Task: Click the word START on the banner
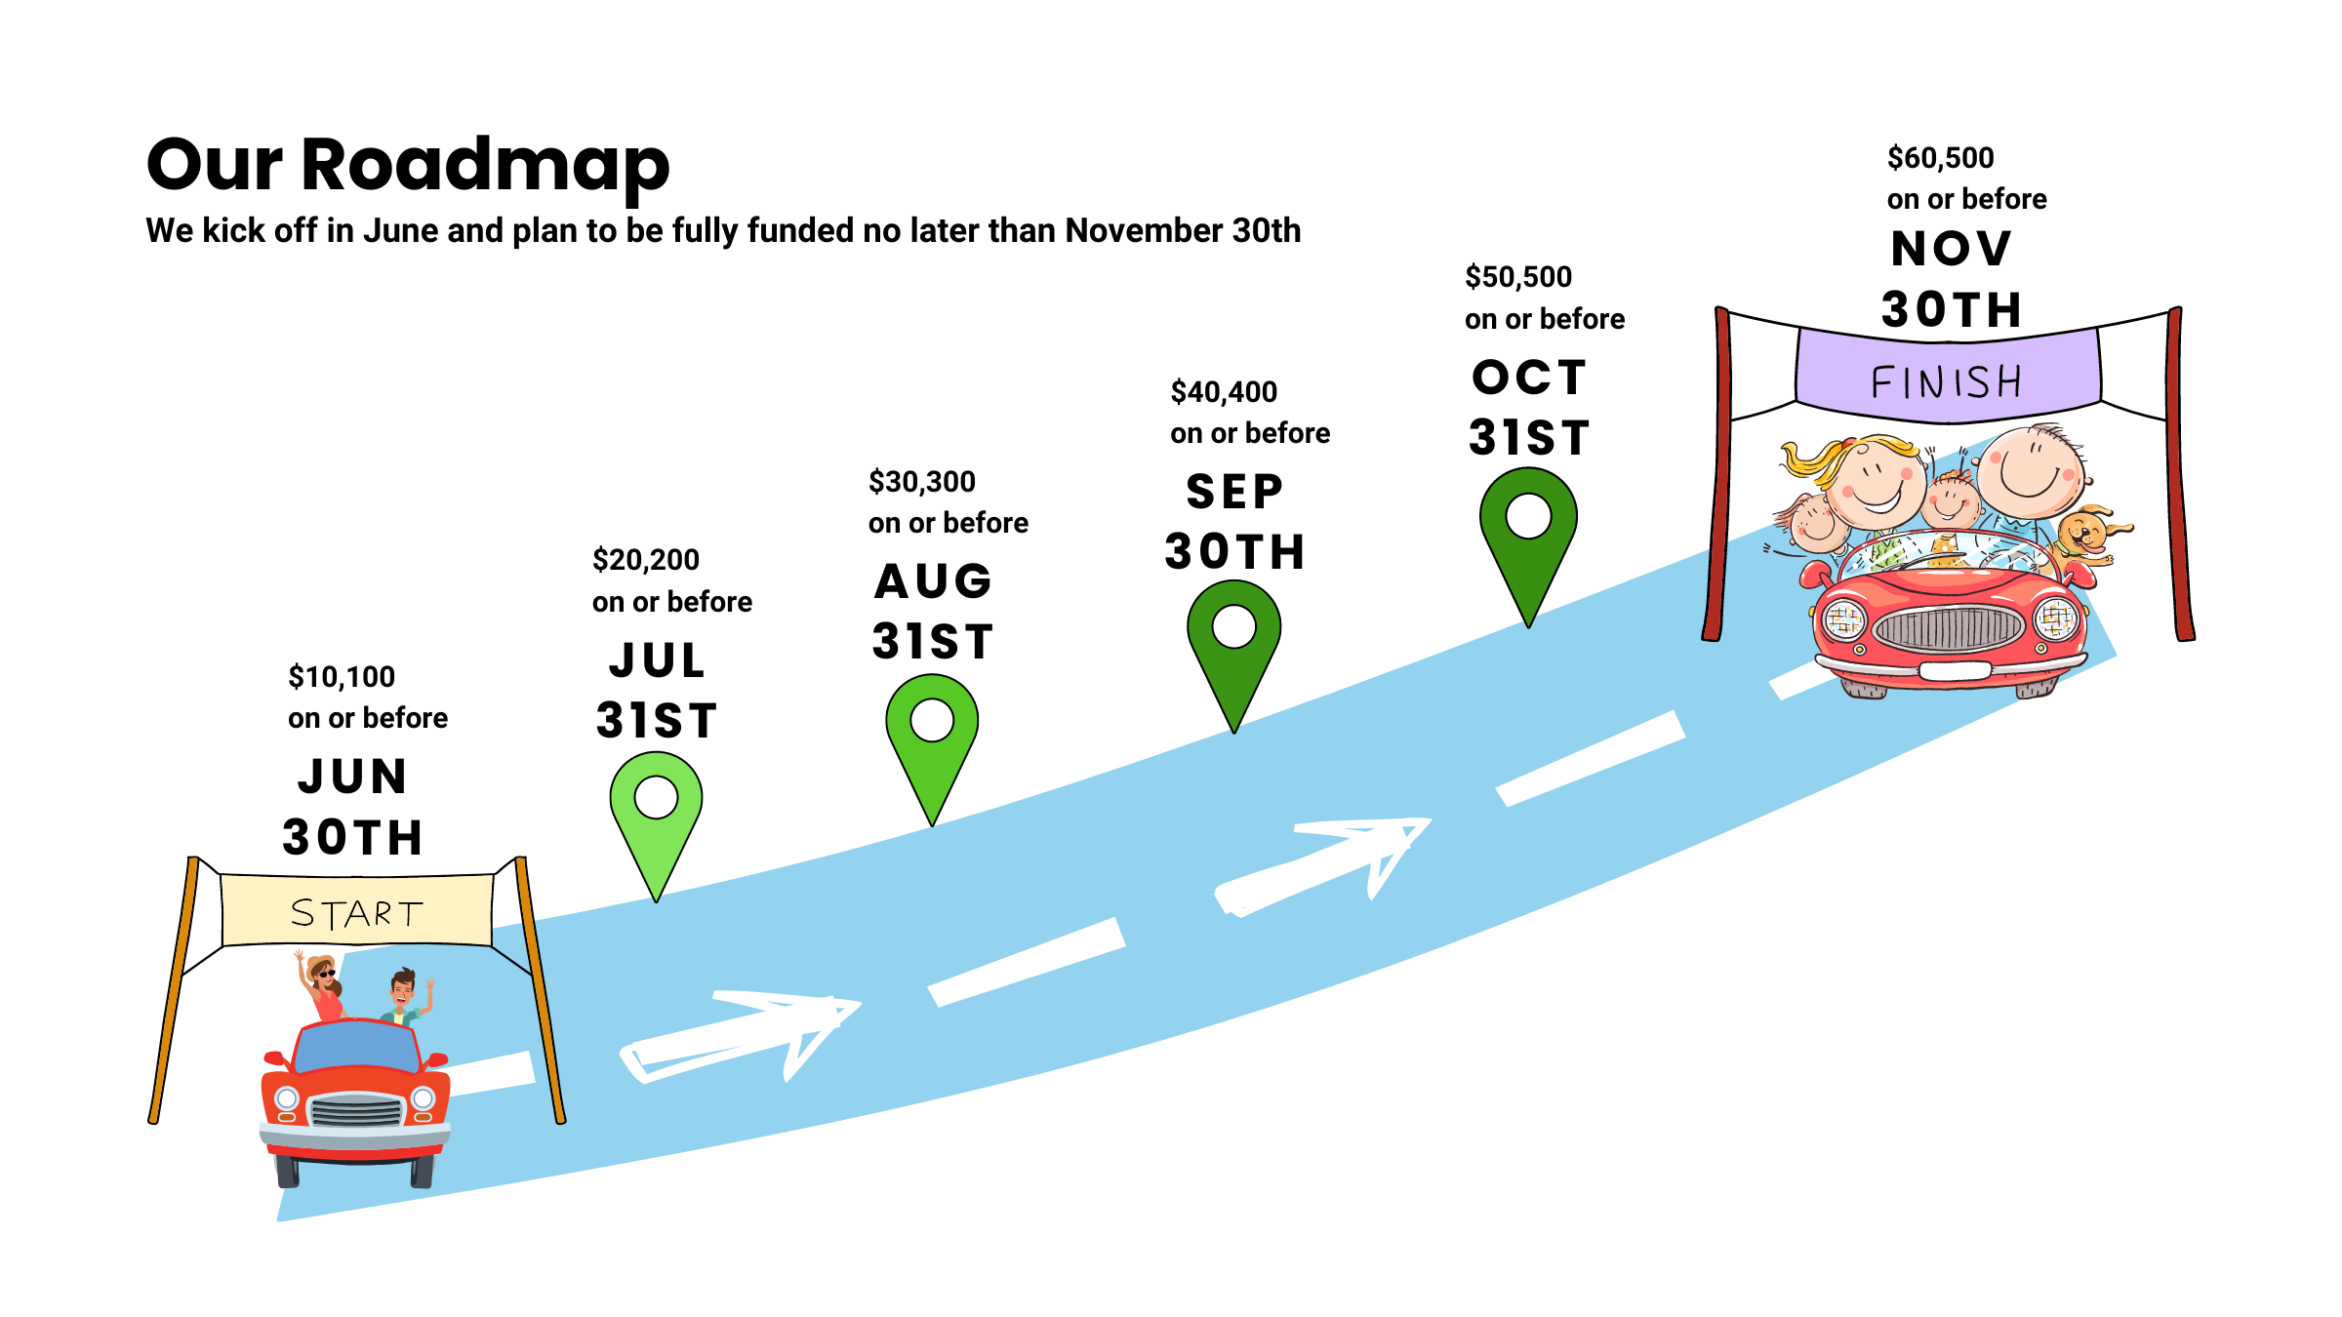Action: click(x=357, y=913)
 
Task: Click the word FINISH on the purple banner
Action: click(x=1947, y=381)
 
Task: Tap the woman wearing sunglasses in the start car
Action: click(x=325, y=985)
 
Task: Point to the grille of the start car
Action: click(x=356, y=1111)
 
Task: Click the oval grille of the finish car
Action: click(x=1948, y=628)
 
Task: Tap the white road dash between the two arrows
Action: click(x=1027, y=961)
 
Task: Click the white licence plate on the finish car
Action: click(x=1955, y=671)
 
